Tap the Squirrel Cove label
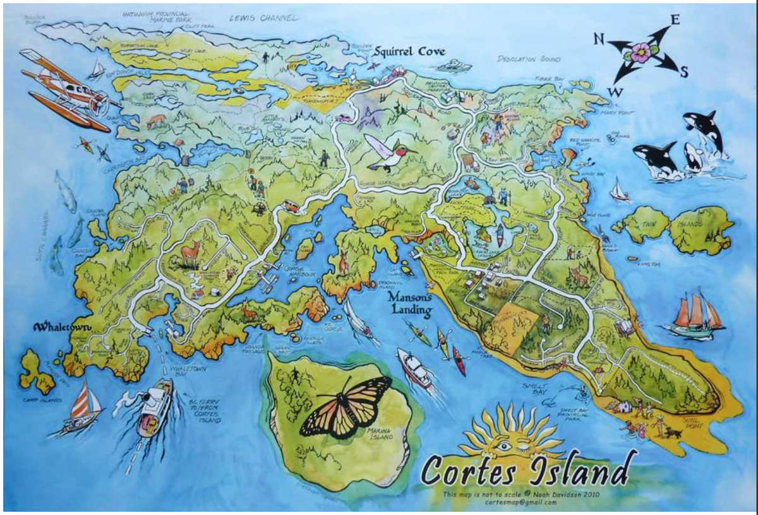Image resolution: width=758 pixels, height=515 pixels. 408,52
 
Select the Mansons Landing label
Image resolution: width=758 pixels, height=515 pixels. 409,304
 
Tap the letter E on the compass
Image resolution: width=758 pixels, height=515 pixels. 675,20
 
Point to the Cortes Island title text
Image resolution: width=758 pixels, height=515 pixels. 526,470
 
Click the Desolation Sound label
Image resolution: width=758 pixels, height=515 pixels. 529,59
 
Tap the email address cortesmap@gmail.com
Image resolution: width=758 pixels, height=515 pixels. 515,502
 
